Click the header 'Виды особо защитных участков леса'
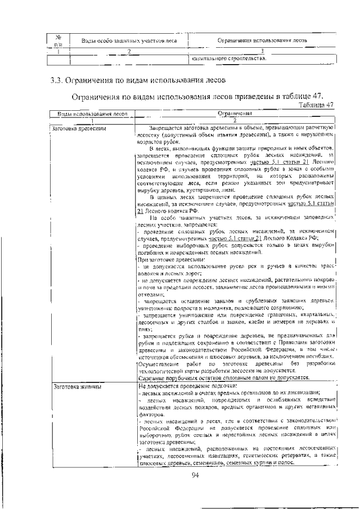point(129,41)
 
